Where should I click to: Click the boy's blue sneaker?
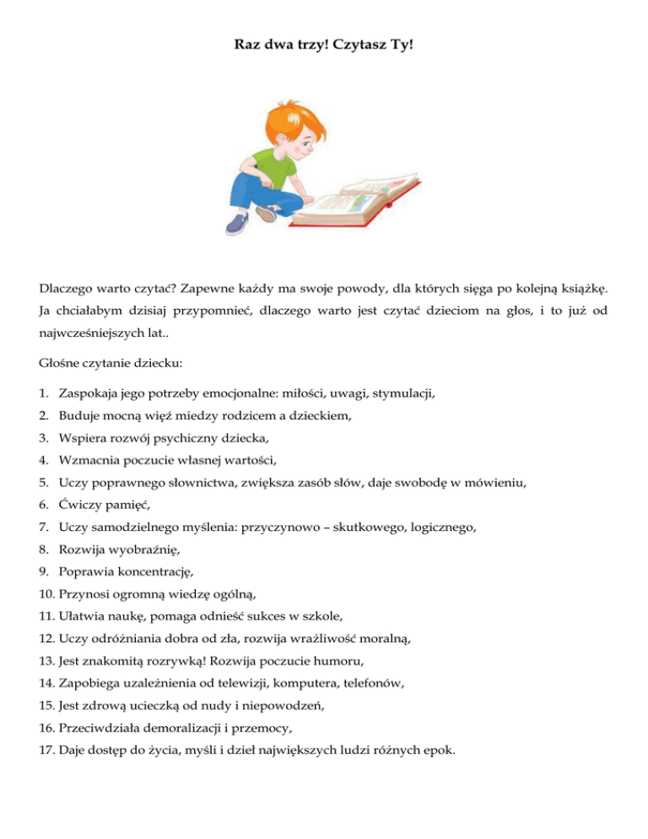tap(239, 224)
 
